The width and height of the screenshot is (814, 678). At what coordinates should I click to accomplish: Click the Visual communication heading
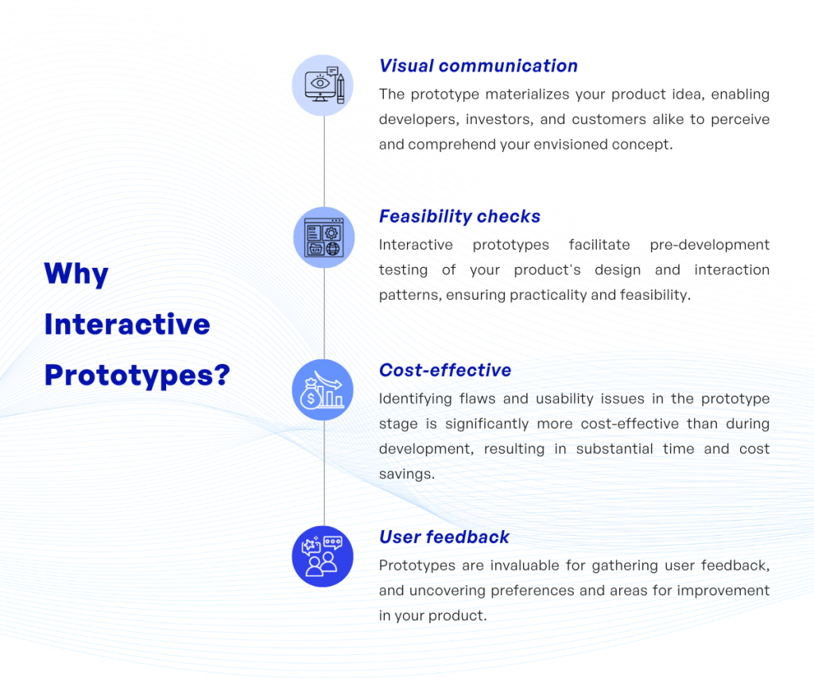(x=478, y=66)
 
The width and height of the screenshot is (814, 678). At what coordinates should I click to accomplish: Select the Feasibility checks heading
(x=459, y=216)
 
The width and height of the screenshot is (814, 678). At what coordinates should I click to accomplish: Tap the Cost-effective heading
(x=444, y=370)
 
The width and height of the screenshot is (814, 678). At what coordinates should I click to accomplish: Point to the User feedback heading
(x=444, y=537)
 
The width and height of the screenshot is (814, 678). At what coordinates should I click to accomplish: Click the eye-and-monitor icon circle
(x=324, y=85)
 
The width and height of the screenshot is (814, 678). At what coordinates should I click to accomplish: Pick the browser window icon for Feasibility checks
(x=324, y=238)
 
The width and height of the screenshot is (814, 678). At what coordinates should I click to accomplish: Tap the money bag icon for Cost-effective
(x=324, y=390)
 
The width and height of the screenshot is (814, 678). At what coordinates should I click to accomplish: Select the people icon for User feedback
(x=324, y=556)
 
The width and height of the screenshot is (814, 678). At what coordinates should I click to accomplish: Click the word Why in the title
(x=76, y=274)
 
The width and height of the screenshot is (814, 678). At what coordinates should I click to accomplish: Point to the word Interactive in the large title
(x=127, y=324)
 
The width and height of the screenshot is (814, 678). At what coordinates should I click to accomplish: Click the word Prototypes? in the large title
(x=137, y=374)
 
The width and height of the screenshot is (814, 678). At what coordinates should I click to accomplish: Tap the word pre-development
(x=710, y=245)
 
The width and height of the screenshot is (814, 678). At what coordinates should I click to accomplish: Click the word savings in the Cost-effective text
(x=406, y=474)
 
